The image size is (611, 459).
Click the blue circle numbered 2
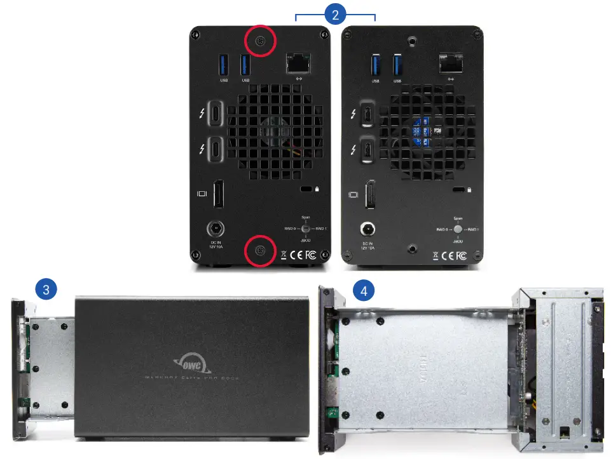335,14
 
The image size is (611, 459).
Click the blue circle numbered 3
45,290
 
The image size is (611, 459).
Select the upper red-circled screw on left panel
259,41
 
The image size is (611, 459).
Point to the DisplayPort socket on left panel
218,194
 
